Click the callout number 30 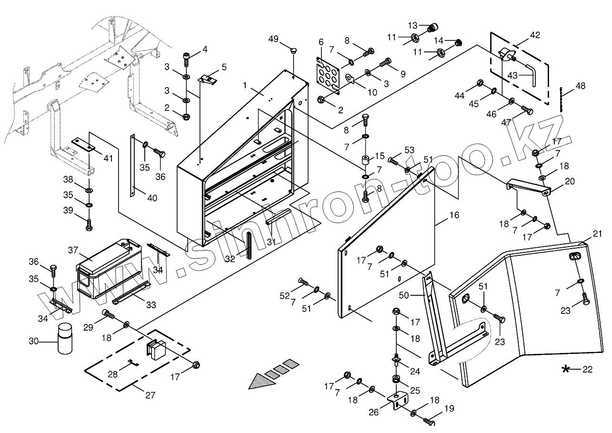(33, 341)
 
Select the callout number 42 (535, 35)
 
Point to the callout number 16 (454, 215)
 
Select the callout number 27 (150, 394)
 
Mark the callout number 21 (598, 233)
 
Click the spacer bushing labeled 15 (366, 160)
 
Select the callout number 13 (412, 25)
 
